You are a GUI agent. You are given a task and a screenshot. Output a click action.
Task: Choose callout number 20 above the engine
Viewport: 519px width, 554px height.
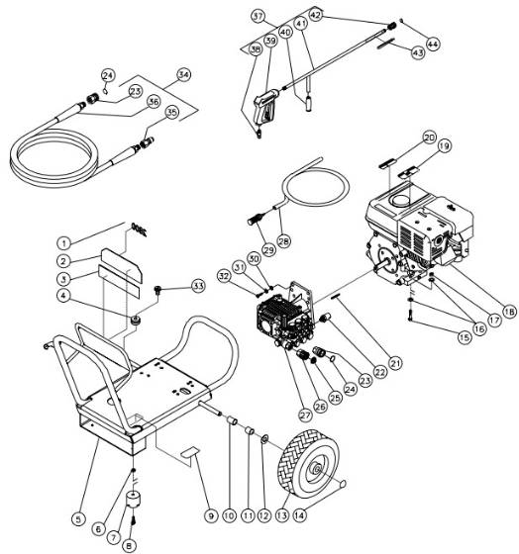[428, 137]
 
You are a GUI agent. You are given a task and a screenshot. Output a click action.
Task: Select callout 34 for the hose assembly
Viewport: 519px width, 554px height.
[182, 74]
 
